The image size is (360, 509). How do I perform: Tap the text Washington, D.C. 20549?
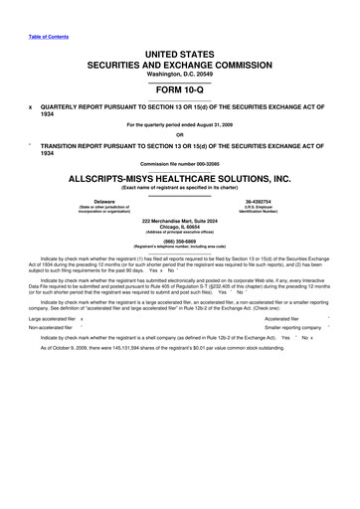pos(180,75)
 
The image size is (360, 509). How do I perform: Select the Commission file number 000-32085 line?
pos(180,163)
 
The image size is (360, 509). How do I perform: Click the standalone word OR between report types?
pos(180,135)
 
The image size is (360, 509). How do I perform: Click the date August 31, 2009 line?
pos(180,124)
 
